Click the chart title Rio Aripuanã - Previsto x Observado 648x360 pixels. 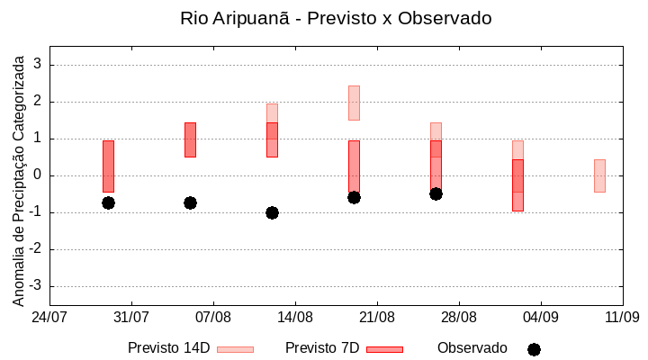[336, 18]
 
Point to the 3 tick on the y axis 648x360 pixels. [38, 65]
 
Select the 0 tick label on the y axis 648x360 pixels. [38, 175]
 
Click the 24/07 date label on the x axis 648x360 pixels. [49, 317]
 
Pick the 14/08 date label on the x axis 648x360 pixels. [295, 317]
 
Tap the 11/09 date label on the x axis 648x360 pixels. [622, 317]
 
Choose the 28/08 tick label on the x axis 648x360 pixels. [459, 317]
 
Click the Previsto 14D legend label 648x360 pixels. [168, 348]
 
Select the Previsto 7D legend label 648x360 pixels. [322, 348]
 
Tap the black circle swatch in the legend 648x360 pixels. [534, 349]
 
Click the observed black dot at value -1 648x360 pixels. [272, 212]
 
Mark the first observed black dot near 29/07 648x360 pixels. [108, 202]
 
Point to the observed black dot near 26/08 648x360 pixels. [436, 193]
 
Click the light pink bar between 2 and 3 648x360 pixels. [354, 103]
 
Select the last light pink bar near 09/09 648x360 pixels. [599, 175]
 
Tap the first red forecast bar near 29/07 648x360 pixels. [108, 166]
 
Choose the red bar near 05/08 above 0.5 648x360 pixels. [190, 139]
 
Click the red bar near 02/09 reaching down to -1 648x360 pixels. [517, 185]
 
